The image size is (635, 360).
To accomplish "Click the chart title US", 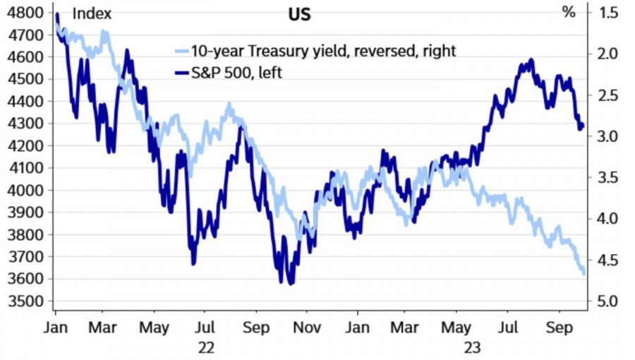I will coord(299,14).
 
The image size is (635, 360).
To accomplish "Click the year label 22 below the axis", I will coord(206,347).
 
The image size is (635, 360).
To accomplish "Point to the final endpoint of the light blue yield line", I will coord(583,274).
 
